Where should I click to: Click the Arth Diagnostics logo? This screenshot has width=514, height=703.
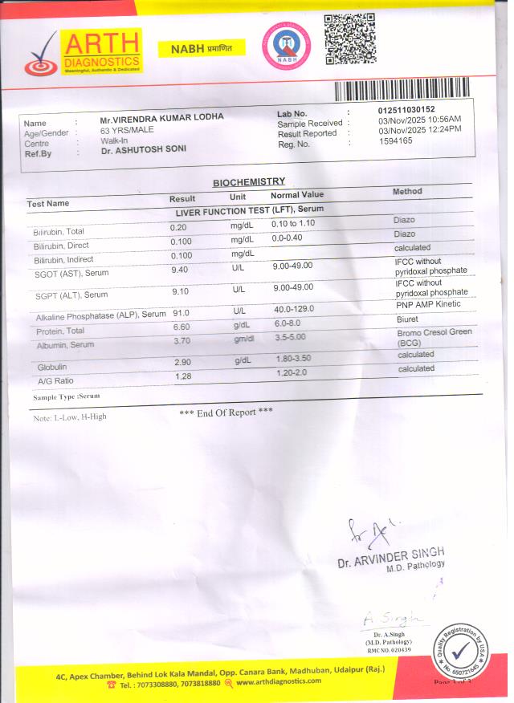click(84, 52)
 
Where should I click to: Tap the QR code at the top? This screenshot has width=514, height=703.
click(349, 39)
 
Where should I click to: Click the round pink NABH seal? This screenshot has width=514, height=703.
click(287, 46)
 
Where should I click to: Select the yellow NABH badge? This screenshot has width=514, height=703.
click(206, 48)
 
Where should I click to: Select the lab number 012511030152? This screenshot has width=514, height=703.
click(406, 109)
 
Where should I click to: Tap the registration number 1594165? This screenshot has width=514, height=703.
click(395, 140)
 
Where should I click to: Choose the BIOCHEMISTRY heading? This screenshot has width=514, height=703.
click(248, 182)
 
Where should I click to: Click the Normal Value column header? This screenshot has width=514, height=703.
click(297, 195)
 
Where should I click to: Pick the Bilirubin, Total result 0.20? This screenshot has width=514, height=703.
click(178, 227)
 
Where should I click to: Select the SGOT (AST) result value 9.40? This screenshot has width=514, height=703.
click(180, 270)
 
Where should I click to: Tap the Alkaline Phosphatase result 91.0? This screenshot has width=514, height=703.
click(181, 313)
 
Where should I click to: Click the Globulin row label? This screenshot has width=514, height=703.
click(51, 366)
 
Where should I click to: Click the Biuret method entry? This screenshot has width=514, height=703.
click(406, 319)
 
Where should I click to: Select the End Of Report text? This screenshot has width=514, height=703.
click(226, 412)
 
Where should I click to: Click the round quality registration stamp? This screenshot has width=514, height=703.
click(460, 650)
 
